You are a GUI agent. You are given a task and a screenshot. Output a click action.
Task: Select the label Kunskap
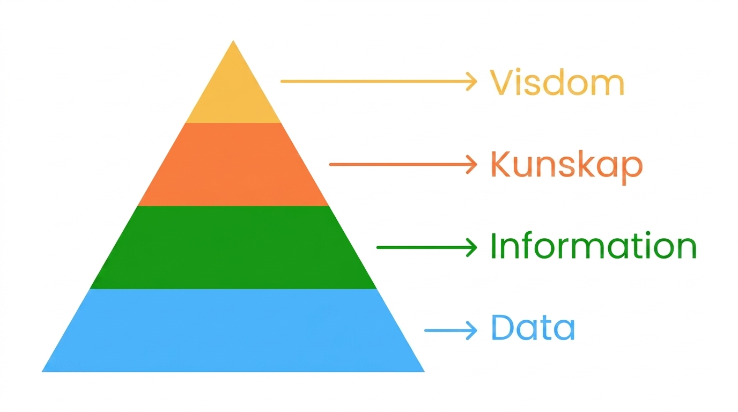[x=567, y=166]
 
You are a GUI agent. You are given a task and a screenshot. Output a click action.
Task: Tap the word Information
[x=593, y=246]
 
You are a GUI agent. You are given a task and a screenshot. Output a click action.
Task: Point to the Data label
[x=533, y=327]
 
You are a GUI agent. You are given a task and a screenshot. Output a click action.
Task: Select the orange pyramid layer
[x=233, y=165]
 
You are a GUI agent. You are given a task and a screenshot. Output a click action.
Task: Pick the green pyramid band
[x=233, y=247]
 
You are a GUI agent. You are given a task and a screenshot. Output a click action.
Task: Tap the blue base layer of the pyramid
[x=233, y=330]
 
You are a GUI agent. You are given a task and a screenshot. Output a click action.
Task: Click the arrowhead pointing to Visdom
[x=472, y=81]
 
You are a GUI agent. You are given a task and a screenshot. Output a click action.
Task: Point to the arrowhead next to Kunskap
[x=472, y=164]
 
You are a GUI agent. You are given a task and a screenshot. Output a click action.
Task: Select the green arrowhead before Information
[x=472, y=247]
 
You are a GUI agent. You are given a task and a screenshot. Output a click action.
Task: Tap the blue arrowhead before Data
[x=472, y=330]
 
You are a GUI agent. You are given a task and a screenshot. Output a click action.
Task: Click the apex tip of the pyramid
[x=233, y=41]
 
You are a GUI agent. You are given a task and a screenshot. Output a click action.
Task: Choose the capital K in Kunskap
[x=502, y=164]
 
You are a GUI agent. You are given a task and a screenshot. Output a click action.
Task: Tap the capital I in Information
[x=493, y=246]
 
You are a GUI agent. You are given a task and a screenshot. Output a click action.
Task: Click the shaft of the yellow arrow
[x=375, y=81]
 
